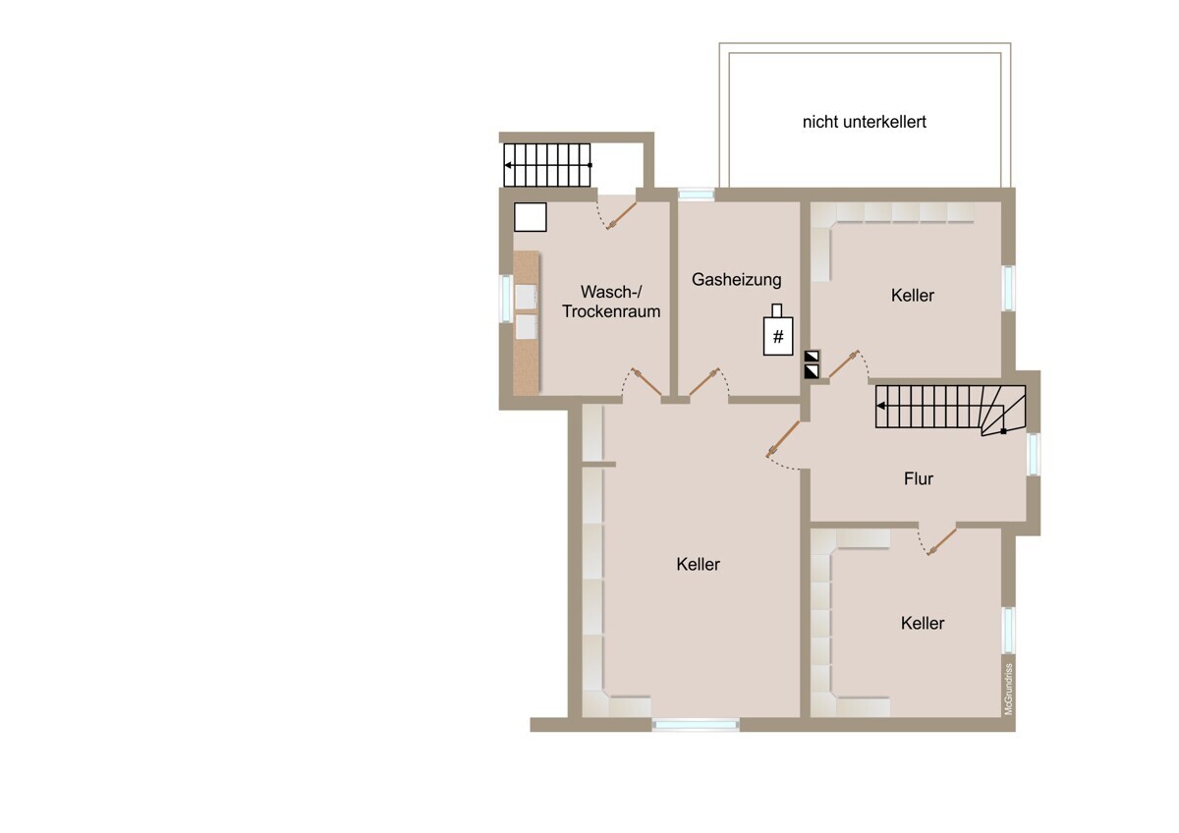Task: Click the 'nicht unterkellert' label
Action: (x=865, y=122)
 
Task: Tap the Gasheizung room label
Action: (x=736, y=279)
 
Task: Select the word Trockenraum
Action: (x=611, y=311)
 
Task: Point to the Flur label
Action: (x=919, y=478)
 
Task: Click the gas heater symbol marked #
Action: (x=778, y=330)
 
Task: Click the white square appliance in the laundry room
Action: (x=530, y=217)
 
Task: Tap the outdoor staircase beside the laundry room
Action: (x=547, y=165)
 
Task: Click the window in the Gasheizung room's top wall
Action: (x=696, y=194)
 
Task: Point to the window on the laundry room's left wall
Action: (x=506, y=299)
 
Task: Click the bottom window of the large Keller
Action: (x=696, y=725)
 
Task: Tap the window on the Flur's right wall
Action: (x=1034, y=454)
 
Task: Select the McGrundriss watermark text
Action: (x=1008, y=689)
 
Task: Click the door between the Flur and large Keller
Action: (x=783, y=439)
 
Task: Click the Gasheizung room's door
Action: (x=704, y=381)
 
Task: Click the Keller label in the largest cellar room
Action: (x=698, y=565)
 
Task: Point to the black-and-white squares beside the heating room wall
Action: (x=812, y=364)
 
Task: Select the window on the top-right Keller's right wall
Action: (x=1008, y=289)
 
